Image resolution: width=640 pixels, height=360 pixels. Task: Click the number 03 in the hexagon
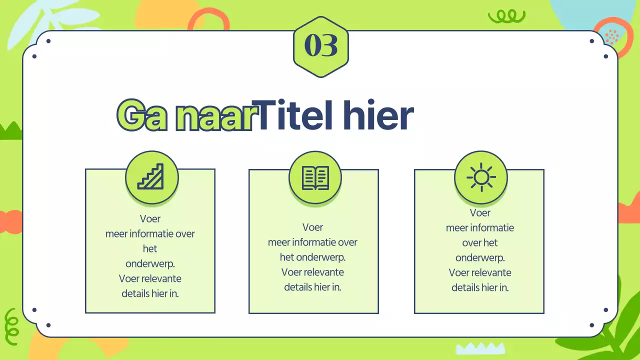pos(321,46)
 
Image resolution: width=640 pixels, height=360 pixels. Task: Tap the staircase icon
pos(151,176)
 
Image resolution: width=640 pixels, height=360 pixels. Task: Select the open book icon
pos(315,177)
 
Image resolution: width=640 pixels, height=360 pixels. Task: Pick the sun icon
pos(480,177)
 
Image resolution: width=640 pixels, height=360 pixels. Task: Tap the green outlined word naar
pos(213,117)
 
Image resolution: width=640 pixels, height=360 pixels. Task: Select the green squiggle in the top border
pos(506,17)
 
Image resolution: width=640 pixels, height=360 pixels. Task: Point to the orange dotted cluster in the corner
pos(611,36)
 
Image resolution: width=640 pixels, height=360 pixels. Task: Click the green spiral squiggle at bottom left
pos(11,322)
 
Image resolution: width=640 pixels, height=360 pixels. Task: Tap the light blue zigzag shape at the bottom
pos(480,348)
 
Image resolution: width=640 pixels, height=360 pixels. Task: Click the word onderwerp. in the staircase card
pos(150,263)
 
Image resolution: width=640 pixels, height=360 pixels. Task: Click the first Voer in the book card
pos(313,227)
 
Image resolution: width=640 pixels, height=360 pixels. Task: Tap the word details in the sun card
pos(465,287)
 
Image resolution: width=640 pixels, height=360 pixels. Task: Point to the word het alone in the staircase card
pos(150,248)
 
